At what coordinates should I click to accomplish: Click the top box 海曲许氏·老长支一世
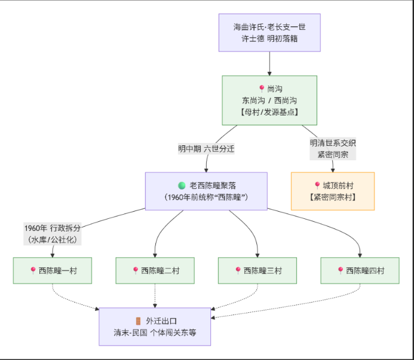click(x=269, y=32)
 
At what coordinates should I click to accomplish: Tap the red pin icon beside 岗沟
click(x=262, y=89)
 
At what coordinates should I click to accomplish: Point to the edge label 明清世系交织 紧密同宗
click(x=333, y=149)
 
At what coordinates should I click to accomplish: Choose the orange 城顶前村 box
click(x=333, y=191)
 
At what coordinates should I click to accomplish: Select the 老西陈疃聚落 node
click(x=206, y=191)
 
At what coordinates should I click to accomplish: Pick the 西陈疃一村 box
click(x=53, y=270)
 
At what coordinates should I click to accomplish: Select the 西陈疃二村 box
click(x=155, y=270)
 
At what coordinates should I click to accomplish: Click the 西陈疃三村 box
click(x=257, y=270)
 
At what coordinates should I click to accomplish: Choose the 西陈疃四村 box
click(x=360, y=270)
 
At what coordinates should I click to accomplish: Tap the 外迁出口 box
click(x=155, y=327)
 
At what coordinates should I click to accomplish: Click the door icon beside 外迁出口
click(x=138, y=321)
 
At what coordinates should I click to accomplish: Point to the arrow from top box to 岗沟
click(x=269, y=63)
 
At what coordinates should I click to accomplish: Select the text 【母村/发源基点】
click(x=269, y=112)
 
